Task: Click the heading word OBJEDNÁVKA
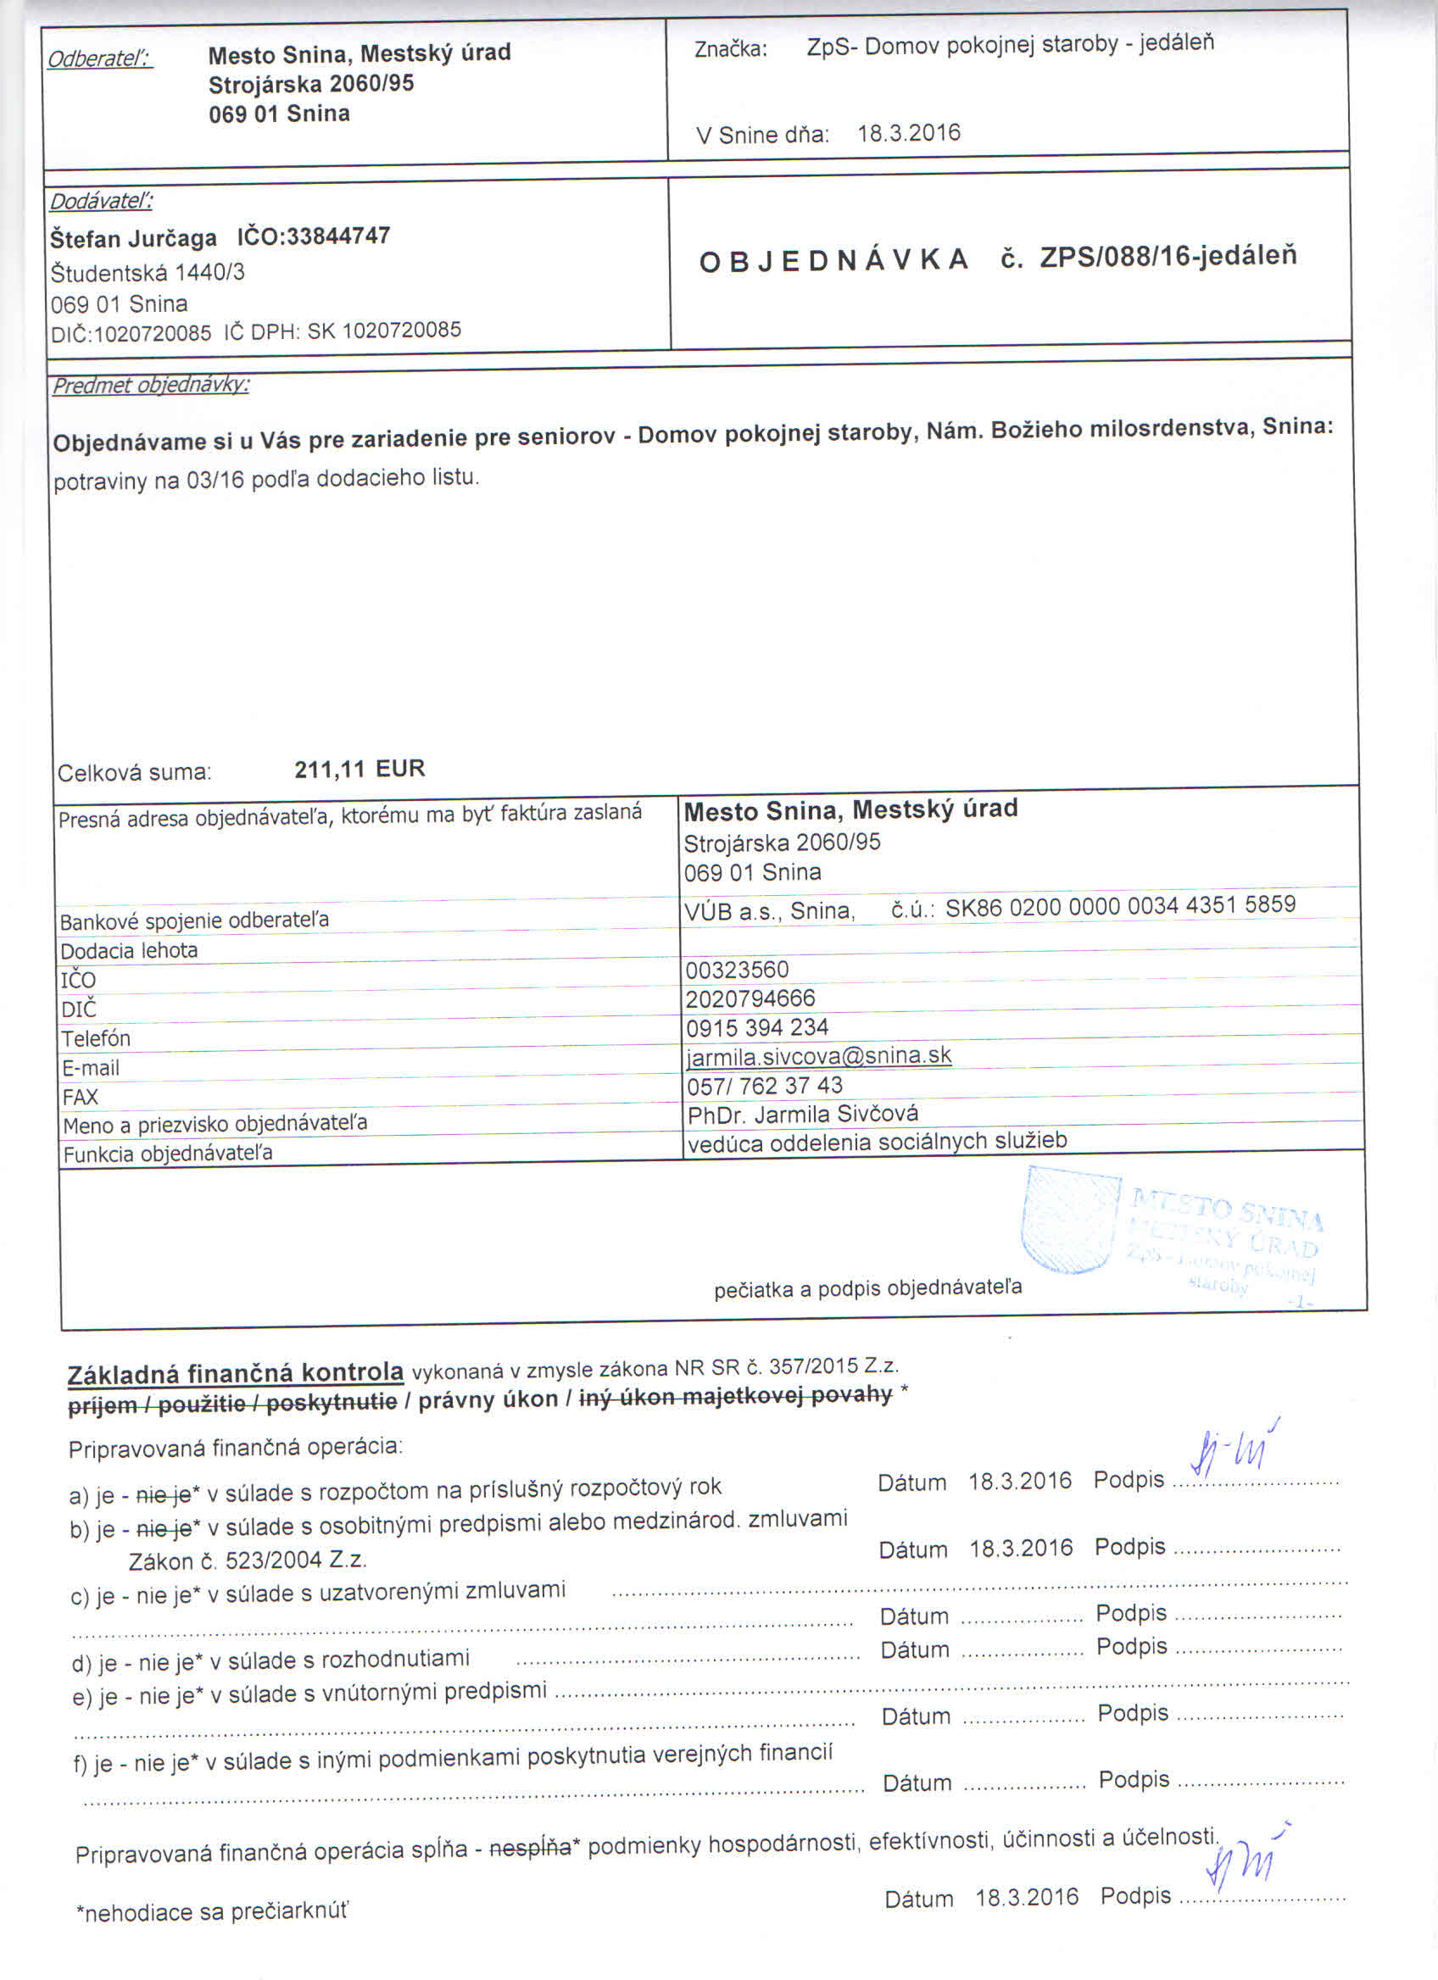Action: tap(833, 260)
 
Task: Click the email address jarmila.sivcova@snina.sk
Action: tap(818, 1055)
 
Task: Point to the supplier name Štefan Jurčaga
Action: tap(134, 238)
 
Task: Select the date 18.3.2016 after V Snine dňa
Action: tap(908, 134)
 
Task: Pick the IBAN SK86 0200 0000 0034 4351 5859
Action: tap(1120, 904)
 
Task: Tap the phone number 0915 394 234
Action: tap(757, 1027)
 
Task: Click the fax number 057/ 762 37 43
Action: tap(765, 1085)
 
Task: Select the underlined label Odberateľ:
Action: tap(99, 59)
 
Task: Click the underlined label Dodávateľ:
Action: tap(101, 202)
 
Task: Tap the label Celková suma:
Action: tap(135, 773)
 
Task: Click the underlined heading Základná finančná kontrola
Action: tap(235, 1372)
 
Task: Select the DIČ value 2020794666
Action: tap(750, 998)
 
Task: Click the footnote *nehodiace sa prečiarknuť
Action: tap(212, 1913)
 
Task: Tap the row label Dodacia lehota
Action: tap(129, 951)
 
